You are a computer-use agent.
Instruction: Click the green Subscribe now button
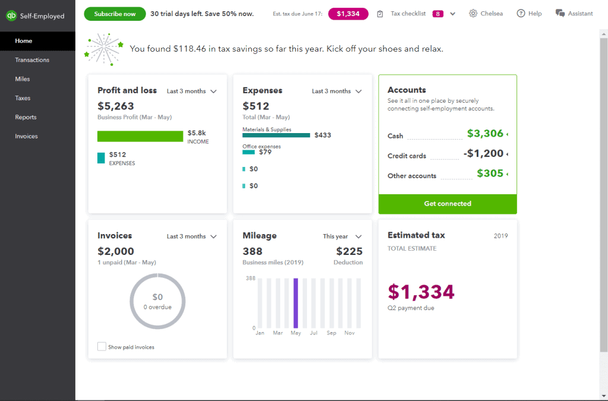tap(115, 14)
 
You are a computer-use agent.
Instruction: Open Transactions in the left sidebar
tap(32, 60)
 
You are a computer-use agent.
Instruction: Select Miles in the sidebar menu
tap(23, 79)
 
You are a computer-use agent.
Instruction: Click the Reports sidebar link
tap(26, 117)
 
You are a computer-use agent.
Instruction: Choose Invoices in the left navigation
tap(26, 136)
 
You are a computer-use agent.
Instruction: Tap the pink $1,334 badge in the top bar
tap(348, 14)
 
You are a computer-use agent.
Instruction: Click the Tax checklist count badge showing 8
tap(438, 14)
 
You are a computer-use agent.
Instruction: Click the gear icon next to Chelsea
tap(473, 14)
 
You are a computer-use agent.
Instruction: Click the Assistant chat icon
tap(560, 13)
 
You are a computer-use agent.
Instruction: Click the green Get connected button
tap(448, 204)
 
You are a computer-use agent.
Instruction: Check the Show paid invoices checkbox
tap(102, 346)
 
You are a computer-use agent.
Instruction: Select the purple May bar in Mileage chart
tap(296, 303)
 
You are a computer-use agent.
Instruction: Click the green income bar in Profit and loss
tap(140, 137)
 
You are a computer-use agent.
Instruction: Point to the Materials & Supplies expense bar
tap(276, 135)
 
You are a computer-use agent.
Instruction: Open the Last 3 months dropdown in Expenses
tap(337, 91)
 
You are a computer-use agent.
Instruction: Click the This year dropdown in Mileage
tap(342, 236)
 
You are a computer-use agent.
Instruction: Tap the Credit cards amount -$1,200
tap(483, 154)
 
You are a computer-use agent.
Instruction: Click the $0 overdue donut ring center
tap(157, 301)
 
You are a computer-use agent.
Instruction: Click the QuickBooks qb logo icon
tap(11, 16)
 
